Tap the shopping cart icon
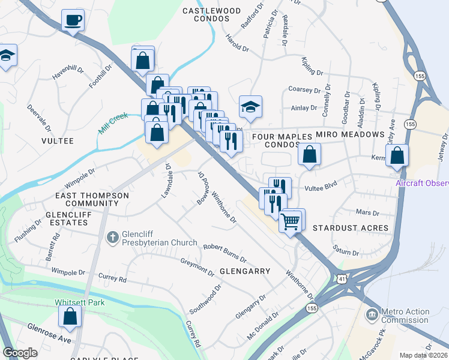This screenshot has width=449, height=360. click(x=291, y=221)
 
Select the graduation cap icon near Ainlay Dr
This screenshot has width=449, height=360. click(x=250, y=107)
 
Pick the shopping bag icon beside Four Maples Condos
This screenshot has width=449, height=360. click(x=309, y=155)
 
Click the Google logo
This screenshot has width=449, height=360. click(x=20, y=353)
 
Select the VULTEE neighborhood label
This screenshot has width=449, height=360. click(x=58, y=141)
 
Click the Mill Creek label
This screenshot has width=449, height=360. click(x=114, y=122)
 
